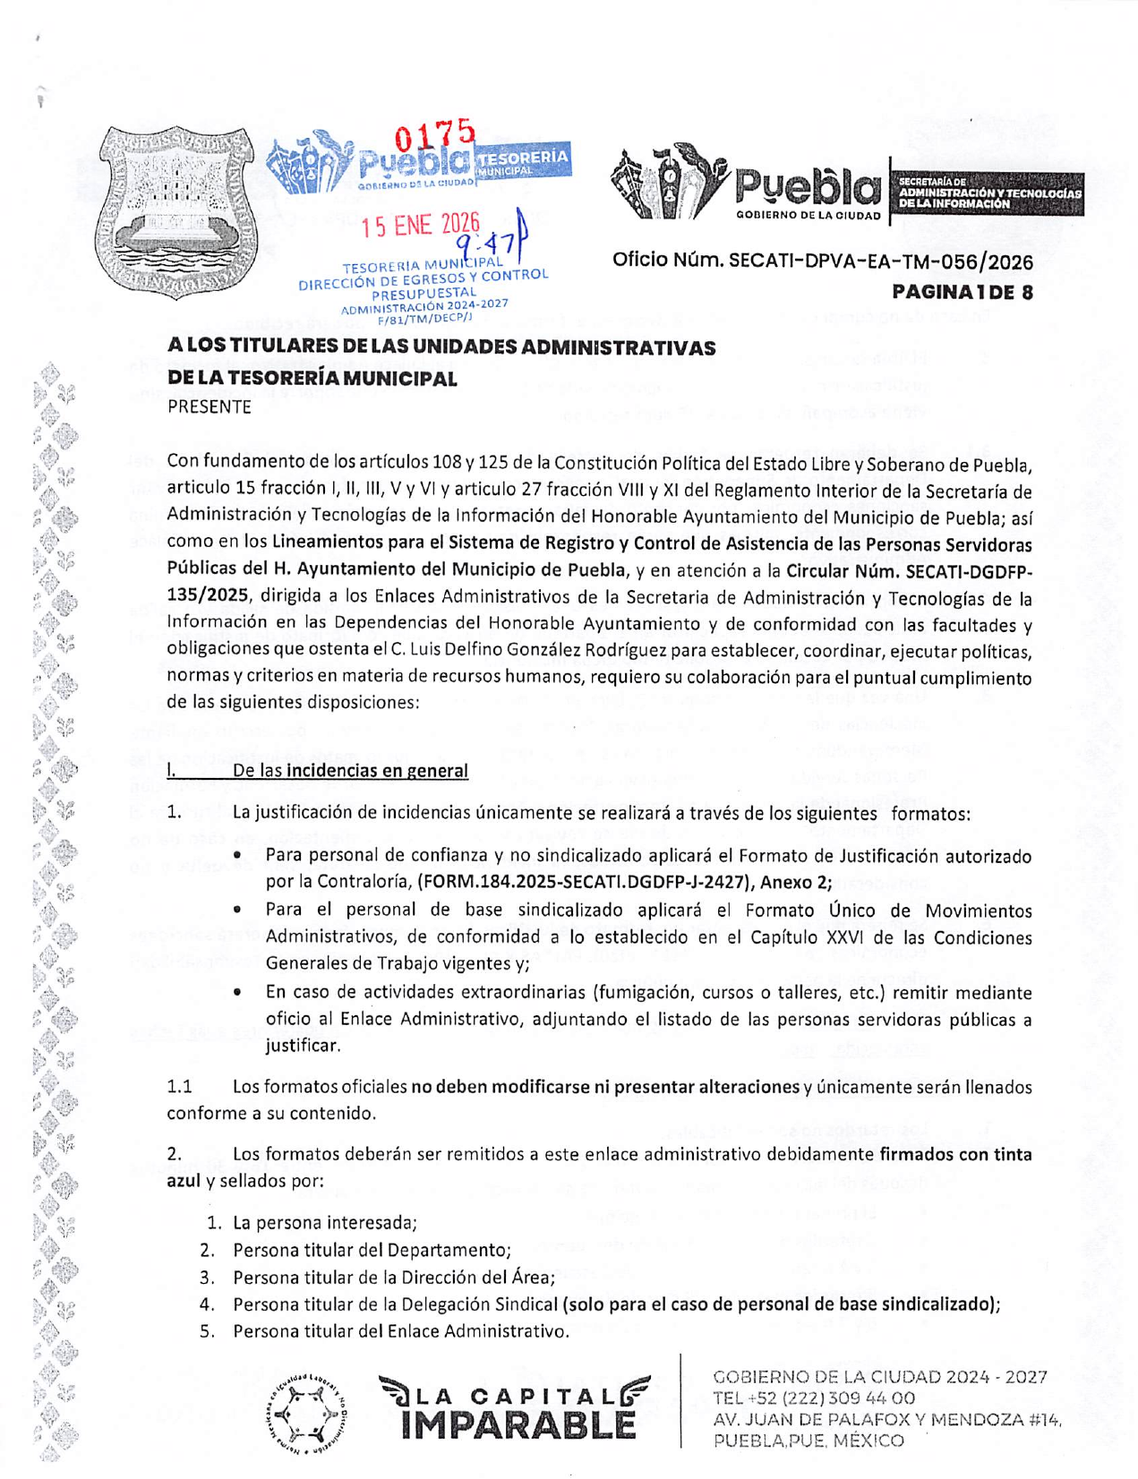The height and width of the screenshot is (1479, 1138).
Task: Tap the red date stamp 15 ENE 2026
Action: point(420,225)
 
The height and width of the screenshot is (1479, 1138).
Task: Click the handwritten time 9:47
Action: point(488,242)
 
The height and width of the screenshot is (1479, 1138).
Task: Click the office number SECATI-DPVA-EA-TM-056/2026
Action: point(880,261)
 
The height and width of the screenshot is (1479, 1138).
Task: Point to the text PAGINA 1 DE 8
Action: point(962,292)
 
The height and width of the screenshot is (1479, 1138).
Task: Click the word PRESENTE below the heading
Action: point(210,406)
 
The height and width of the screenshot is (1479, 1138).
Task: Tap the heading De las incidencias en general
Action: point(350,771)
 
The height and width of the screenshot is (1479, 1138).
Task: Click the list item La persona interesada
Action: point(325,1223)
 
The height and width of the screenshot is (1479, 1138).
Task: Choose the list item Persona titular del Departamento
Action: point(372,1250)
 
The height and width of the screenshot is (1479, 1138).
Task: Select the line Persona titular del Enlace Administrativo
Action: point(401,1331)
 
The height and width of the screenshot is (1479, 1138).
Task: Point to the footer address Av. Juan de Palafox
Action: point(886,1420)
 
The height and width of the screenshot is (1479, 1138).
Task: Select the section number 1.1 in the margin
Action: point(179,1087)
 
